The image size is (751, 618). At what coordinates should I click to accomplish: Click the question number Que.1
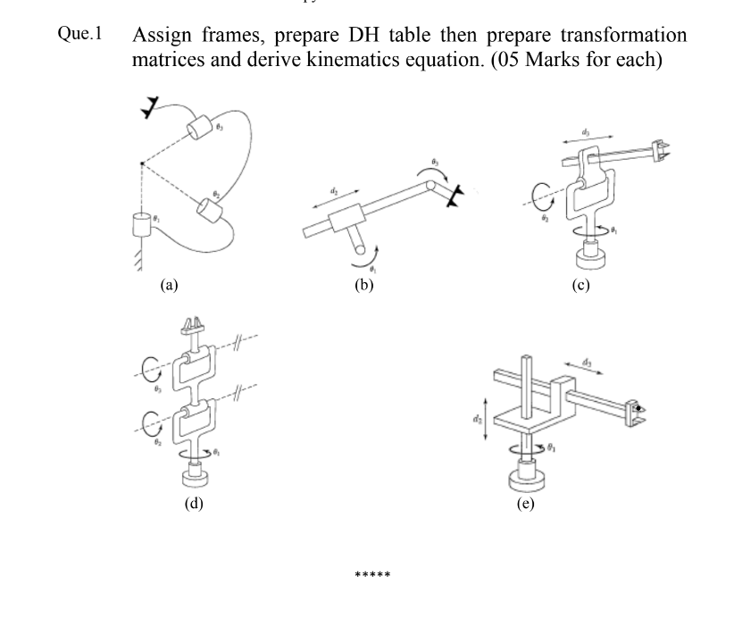[79, 35]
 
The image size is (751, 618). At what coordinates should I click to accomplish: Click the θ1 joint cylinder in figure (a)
[139, 224]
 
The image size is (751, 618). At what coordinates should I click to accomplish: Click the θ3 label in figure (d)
[155, 388]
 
